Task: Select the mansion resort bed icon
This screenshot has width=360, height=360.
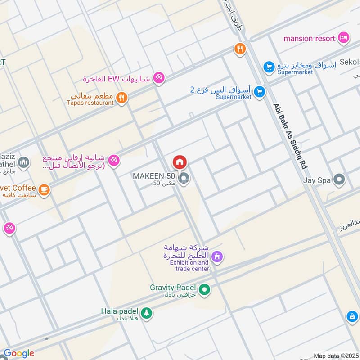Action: pyautogui.click(x=344, y=38)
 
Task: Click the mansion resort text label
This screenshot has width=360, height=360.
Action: pyautogui.click(x=310, y=38)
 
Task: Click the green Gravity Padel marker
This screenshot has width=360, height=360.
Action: pyautogui.click(x=204, y=290)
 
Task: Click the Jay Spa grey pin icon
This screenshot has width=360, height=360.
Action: pyautogui.click(x=340, y=180)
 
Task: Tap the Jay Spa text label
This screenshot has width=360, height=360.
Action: pyautogui.click(x=317, y=180)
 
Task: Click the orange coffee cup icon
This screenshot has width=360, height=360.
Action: pyautogui.click(x=44, y=190)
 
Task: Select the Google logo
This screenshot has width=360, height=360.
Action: pyautogui.click(x=18, y=353)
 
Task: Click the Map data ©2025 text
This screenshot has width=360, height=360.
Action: pyautogui.click(x=335, y=355)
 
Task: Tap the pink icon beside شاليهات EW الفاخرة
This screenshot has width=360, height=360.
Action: pyautogui.click(x=159, y=78)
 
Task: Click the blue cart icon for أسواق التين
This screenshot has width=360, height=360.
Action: pyautogui.click(x=259, y=93)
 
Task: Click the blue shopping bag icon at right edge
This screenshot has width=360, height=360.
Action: pyautogui.click(x=351, y=317)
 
